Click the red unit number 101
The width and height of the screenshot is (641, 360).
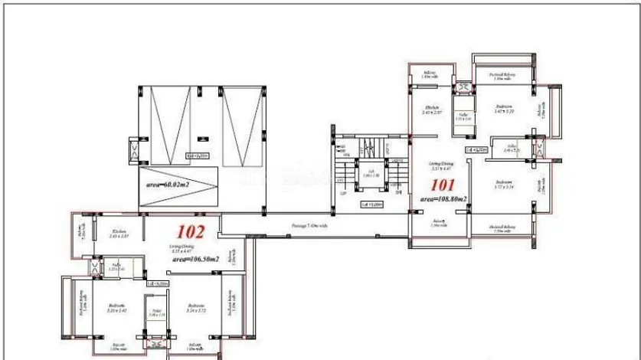[443, 185]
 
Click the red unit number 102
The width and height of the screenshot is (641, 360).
[190, 231]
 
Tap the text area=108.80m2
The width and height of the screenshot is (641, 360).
[443, 198]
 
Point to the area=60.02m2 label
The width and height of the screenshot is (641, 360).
[169, 185]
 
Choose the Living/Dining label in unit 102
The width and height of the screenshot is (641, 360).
[182, 247]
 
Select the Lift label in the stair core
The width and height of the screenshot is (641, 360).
[370, 172]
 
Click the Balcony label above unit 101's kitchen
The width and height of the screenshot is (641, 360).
[429, 74]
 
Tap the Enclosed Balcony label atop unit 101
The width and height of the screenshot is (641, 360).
[502, 75]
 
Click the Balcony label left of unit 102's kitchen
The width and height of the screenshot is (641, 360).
[80, 231]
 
